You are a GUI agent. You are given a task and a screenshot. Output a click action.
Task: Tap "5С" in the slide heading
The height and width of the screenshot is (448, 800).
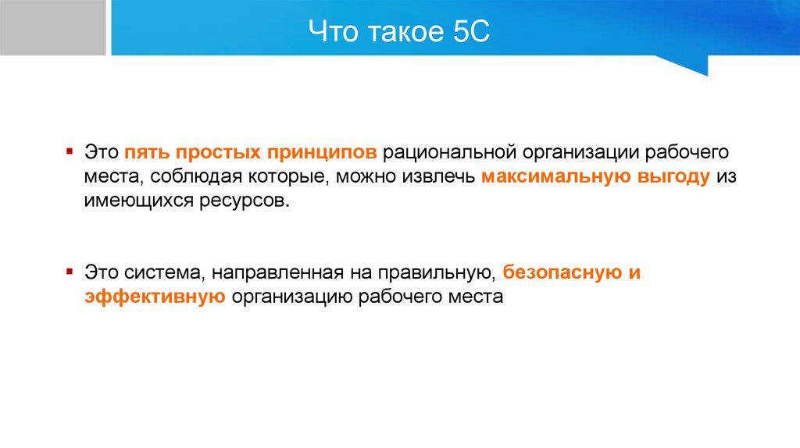coord(470,31)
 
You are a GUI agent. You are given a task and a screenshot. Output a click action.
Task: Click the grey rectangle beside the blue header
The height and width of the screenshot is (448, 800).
coord(52,27)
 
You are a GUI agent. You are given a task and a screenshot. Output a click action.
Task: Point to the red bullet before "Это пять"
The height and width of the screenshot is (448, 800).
coord(70,151)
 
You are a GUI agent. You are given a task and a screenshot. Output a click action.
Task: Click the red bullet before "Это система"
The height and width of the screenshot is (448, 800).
coord(70,271)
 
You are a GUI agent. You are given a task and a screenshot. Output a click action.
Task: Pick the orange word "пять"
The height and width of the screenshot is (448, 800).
coord(147,152)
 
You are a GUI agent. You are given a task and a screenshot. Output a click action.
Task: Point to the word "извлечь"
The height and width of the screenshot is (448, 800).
coord(438,176)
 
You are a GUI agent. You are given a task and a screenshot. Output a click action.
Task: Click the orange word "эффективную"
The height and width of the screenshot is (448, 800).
coord(155,296)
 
